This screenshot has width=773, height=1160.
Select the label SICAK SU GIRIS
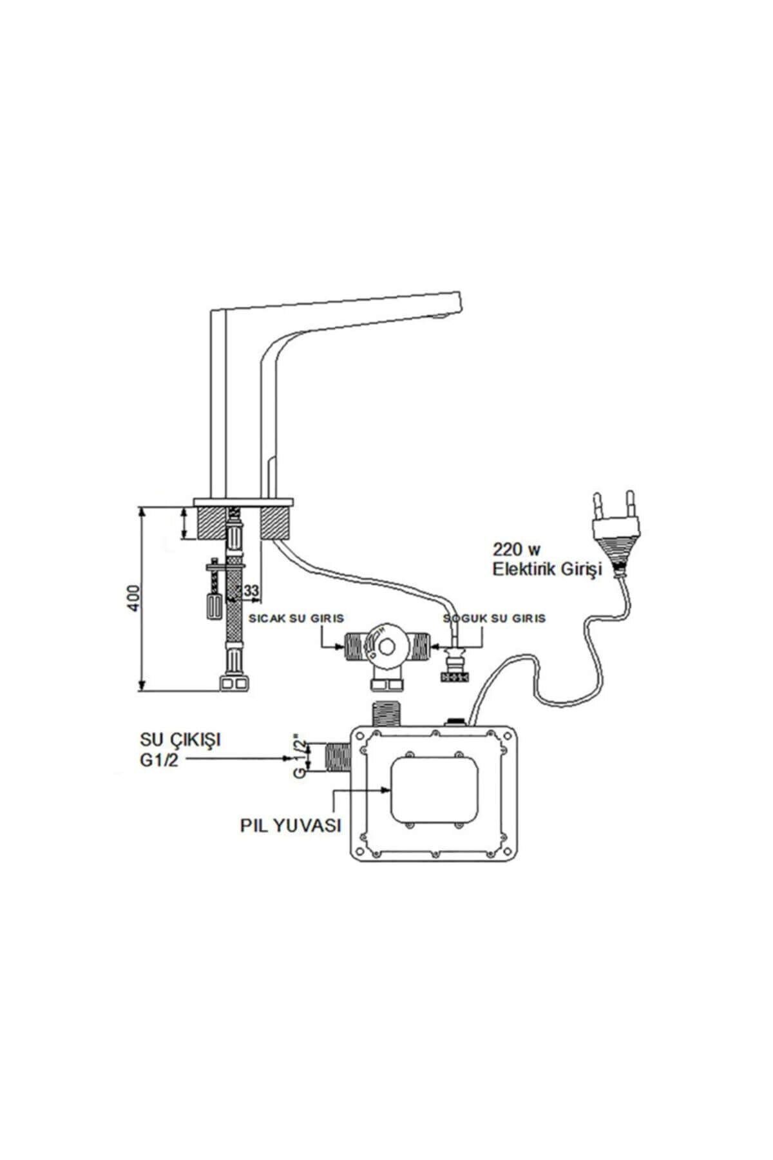coord(296,618)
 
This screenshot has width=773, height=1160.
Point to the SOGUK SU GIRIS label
coord(494,618)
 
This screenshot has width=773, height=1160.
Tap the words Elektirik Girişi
coord(546,569)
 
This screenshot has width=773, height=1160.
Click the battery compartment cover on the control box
coord(435,789)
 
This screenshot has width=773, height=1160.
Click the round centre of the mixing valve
coord(388,647)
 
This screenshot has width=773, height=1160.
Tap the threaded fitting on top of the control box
coord(389,714)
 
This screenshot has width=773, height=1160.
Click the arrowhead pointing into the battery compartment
coord(386,789)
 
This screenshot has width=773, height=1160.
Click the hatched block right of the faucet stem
coord(276,522)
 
